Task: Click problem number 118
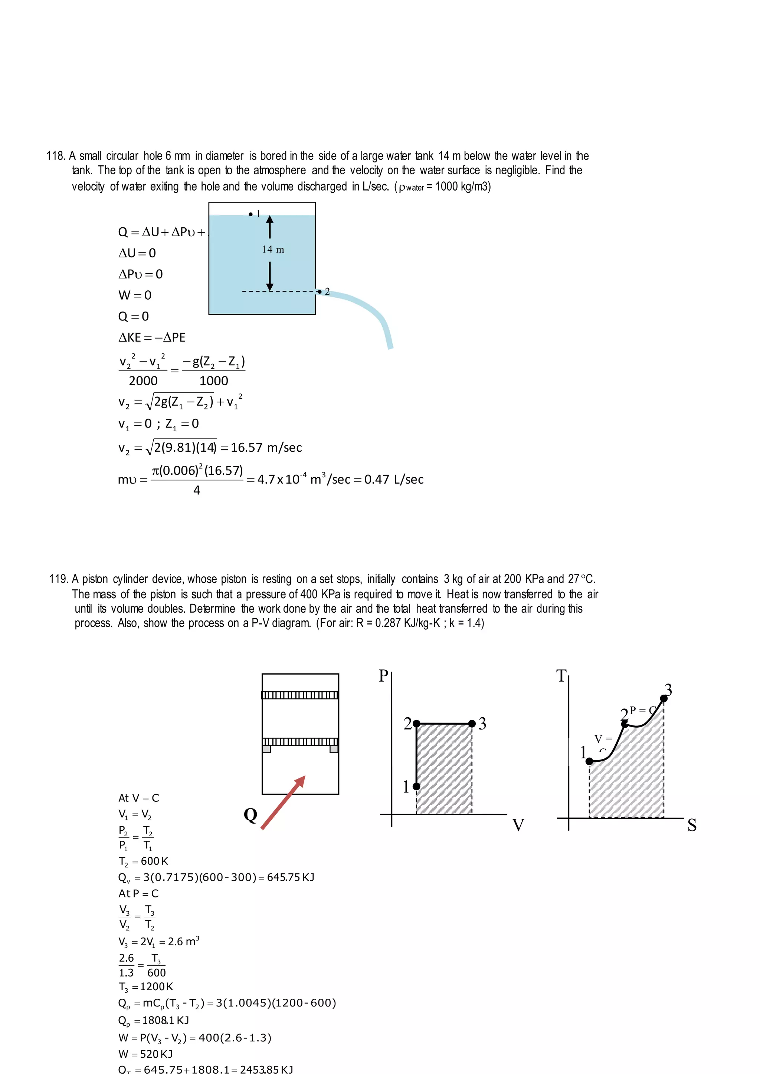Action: [56, 156]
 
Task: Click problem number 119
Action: [59, 579]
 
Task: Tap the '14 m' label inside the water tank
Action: [273, 249]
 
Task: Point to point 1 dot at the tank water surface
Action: [251, 214]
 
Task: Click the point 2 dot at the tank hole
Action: [320, 291]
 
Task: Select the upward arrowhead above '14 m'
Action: [269, 220]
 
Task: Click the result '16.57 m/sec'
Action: [266, 448]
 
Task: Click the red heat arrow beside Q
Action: [283, 803]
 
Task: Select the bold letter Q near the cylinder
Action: [250, 815]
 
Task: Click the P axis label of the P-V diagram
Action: [383, 676]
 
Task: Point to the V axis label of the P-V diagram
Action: [518, 825]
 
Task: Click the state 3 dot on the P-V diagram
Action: [472, 724]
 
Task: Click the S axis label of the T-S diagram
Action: [692, 825]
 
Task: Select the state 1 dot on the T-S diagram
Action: [590, 761]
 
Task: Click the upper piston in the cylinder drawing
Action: [300, 695]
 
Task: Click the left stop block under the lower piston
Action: [267, 749]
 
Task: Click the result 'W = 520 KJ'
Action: [145, 1054]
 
